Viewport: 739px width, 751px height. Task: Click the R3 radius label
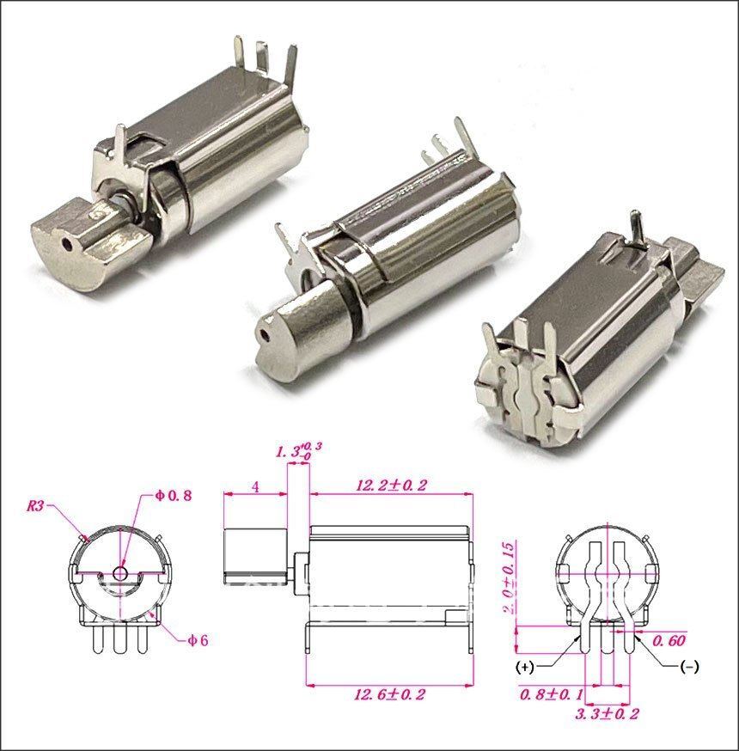click(34, 506)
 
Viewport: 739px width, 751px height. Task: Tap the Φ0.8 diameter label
click(173, 495)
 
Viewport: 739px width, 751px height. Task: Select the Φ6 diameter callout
click(198, 640)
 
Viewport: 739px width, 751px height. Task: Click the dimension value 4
click(256, 487)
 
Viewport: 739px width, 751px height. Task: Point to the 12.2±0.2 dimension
click(391, 485)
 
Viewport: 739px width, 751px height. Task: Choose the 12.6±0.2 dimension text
click(389, 694)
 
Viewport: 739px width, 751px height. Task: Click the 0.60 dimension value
click(669, 641)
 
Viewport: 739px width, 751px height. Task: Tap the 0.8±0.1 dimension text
click(552, 694)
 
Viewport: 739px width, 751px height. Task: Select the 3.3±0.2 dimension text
click(608, 714)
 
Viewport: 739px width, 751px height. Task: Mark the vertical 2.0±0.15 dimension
click(510, 577)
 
